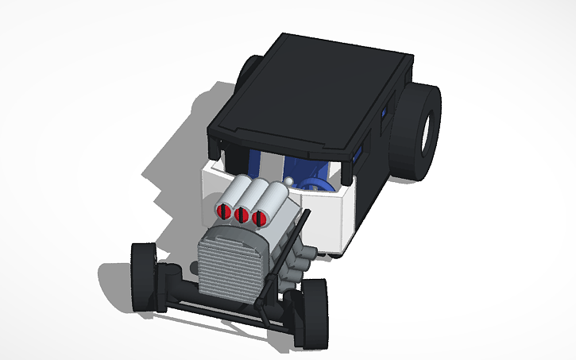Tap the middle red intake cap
pyautogui.click(x=241, y=214)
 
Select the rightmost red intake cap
pyautogui.click(x=257, y=215)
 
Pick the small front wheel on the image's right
pyautogui.click(x=311, y=313)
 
